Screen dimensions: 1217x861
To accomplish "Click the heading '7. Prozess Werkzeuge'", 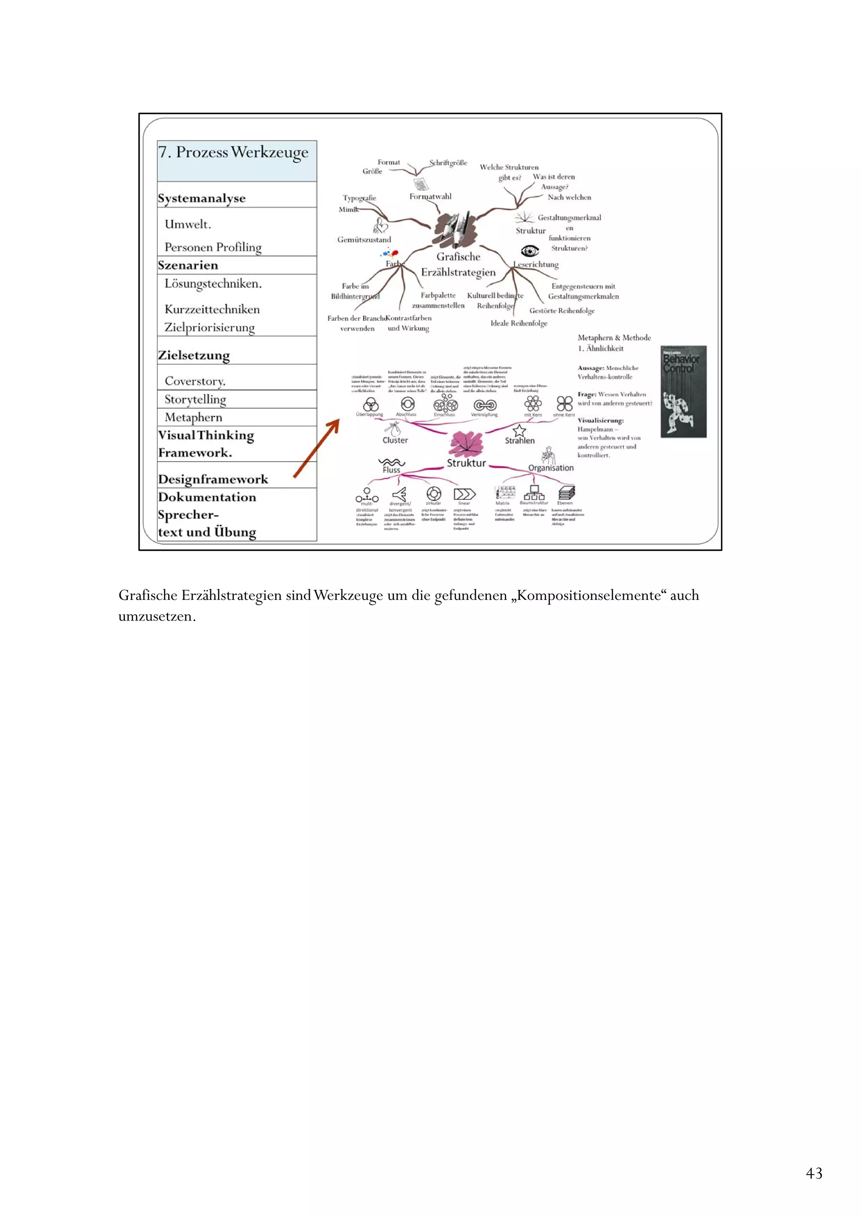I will [x=233, y=152].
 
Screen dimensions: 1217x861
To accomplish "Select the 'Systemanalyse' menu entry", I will [x=202, y=198].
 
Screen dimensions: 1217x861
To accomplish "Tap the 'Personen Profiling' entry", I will [x=213, y=247].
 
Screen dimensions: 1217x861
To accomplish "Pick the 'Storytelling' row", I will [x=195, y=399].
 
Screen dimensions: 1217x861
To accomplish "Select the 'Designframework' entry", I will [x=213, y=479].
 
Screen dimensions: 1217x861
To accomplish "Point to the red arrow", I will [x=316, y=448].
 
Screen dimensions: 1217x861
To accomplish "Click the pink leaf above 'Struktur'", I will [x=466, y=443].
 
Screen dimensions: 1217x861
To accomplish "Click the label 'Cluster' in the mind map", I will [x=395, y=440].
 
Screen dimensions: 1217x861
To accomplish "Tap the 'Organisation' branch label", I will [x=551, y=468].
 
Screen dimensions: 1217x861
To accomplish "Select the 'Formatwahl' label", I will [x=430, y=197].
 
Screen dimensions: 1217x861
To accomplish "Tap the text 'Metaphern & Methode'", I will [x=614, y=338].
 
